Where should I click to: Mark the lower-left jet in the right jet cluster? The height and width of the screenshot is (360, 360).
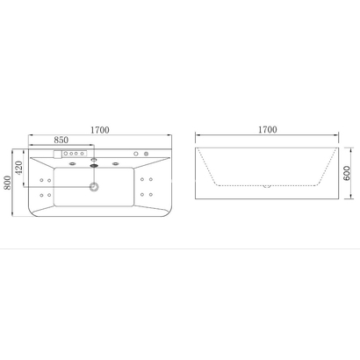142,194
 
